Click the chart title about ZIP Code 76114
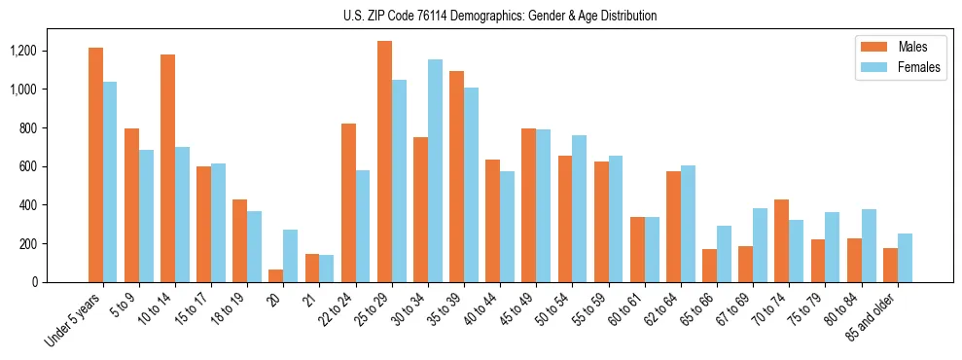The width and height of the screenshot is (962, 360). [x=500, y=16]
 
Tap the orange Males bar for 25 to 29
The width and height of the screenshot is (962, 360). [x=384, y=162]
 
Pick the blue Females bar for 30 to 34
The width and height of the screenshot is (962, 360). [x=435, y=171]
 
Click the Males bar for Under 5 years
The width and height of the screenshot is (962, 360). [x=95, y=165]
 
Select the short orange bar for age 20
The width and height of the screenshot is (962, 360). [x=276, y=276]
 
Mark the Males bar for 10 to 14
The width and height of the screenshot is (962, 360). [x=167, y=168]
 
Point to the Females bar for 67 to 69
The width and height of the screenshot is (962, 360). [x=760, y=245]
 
